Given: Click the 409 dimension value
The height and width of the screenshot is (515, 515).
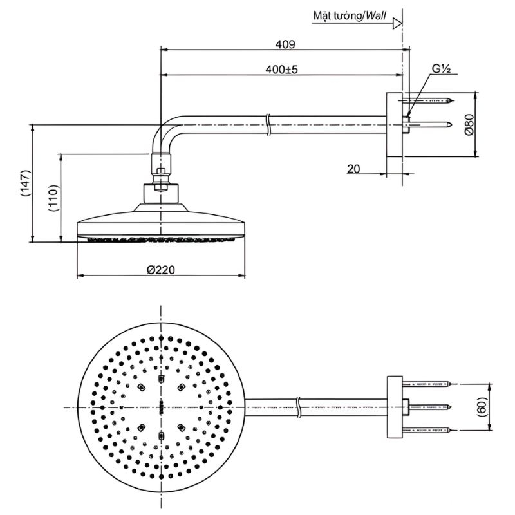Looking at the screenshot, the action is pyautogui.click(x=285, y=44).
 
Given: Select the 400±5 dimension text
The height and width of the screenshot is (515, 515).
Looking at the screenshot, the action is pyautogui.click(x=281, y=70).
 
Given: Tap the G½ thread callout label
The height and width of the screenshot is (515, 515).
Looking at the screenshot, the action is pyautogui.click(x=441, y=69).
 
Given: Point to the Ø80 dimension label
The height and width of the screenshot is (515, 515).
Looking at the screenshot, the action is pyautogui.click(x=469, y=124).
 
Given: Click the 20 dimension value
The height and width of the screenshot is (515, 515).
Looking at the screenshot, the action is pyautogui.click(x=353, y=169).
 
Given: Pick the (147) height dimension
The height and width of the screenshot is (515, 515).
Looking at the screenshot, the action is pyautogui.click(x=26, y=183).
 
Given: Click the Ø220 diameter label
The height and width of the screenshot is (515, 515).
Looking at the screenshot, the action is pyautogui.click(x=161, y=270).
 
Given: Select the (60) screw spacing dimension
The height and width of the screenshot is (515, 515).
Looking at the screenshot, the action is pyautogui.click(x=483, y=407).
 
